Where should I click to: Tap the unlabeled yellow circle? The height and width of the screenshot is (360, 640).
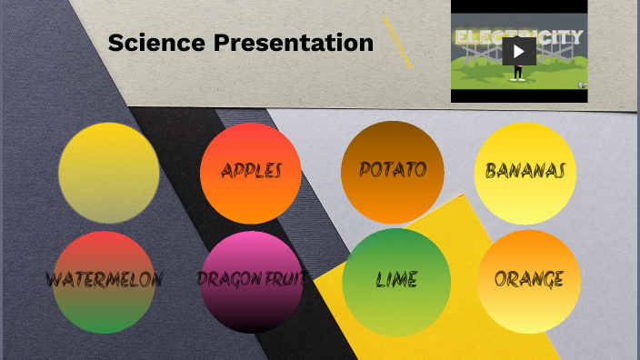pos(108,173)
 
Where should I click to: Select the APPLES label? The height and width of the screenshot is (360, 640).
pos(251,171)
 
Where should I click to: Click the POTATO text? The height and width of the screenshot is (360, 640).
pos(392,170)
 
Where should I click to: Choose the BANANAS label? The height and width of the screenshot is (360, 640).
pos(525,171)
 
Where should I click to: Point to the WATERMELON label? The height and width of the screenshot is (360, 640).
pos(104,279)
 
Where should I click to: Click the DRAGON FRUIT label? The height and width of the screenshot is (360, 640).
pos(251,278)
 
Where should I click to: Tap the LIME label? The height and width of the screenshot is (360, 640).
pos(396,279)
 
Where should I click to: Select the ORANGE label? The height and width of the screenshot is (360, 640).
pos(528,278)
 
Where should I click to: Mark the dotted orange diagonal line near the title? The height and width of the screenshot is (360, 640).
pos(397,42)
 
